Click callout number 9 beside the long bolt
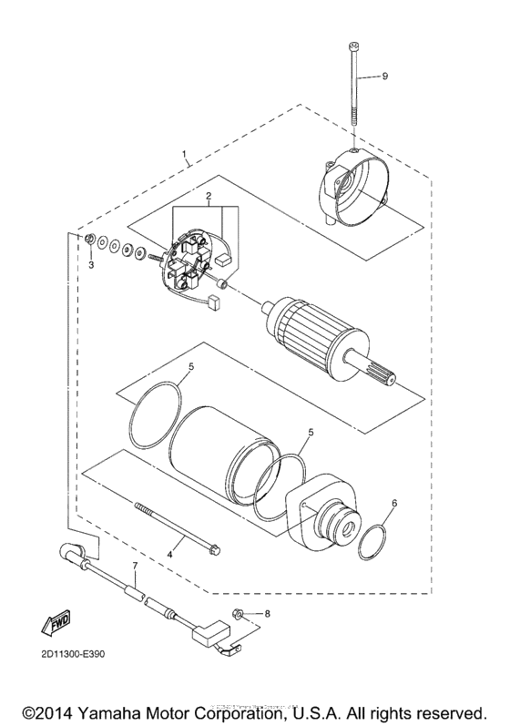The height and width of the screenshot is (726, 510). (384, 77)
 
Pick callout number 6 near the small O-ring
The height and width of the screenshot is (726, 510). (394, 503)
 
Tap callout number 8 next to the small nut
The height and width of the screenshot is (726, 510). (268, 614)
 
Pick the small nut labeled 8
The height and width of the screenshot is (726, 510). (235, 615)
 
